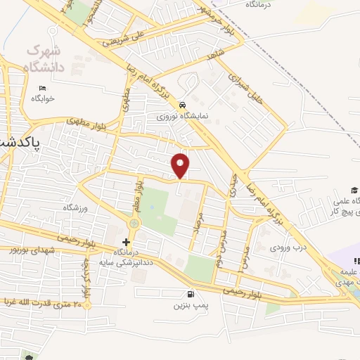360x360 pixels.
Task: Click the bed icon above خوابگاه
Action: [x=42, y=88]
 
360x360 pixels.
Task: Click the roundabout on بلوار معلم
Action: [x=133, y=224]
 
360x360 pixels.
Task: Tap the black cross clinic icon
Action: [x=127, y=241]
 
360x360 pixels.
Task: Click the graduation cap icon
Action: [x=355, y=191]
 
